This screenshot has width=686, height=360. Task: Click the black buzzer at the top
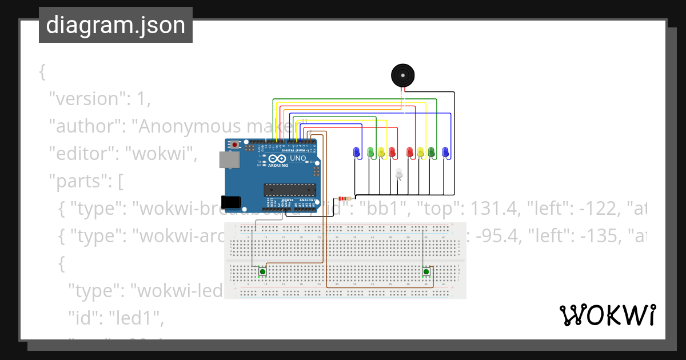pyautogui.click(x=402, y=75)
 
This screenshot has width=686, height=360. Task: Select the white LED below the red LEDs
pyautogui.click(x=399, y=174)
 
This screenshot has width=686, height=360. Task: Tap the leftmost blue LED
pyautogui.click(x=356, y=151)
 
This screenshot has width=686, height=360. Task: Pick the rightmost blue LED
pyautogui.click(x=445, y=151)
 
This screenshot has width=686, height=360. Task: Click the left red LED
pyautogui.click(x=392, y=151)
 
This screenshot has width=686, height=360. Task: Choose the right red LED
pyautogui.click(x=409, y=151)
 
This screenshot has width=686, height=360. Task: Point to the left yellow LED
pyautogui.click(x=381, y=151)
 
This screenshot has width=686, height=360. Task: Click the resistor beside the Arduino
pyautogui.click(x=345, y=199)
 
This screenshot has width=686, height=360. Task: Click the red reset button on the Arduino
pyautogui.click(x=234, y=145)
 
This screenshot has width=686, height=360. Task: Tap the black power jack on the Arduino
pyautogui.click(x=232, y=202)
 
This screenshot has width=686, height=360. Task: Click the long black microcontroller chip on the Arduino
pyautogui.click(x=289, y=189)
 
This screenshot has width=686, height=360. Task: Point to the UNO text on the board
pyautogui.click(x=298, y=158)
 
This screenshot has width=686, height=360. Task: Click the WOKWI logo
pyautogui.click(x=607, y=315)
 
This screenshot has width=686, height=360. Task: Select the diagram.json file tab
pyautogui.click(x=115, y=26)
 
